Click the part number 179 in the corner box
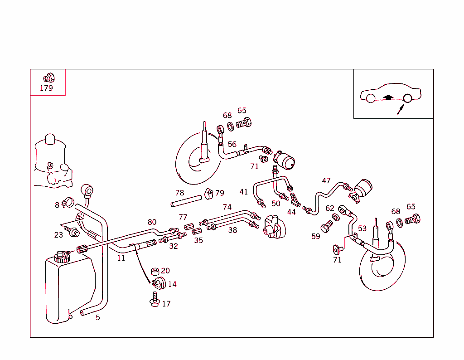46,88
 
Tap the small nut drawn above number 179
48,78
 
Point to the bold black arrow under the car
387,97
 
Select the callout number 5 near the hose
97,317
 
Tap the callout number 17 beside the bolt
166,304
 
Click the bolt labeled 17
155,300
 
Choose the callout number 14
172,284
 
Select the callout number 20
165,271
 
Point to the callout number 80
152,222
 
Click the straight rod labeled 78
186,201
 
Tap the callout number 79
220,193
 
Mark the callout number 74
227,207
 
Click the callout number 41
244,192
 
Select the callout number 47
326,180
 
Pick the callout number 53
362,229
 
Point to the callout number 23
58,235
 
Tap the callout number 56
232,144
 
